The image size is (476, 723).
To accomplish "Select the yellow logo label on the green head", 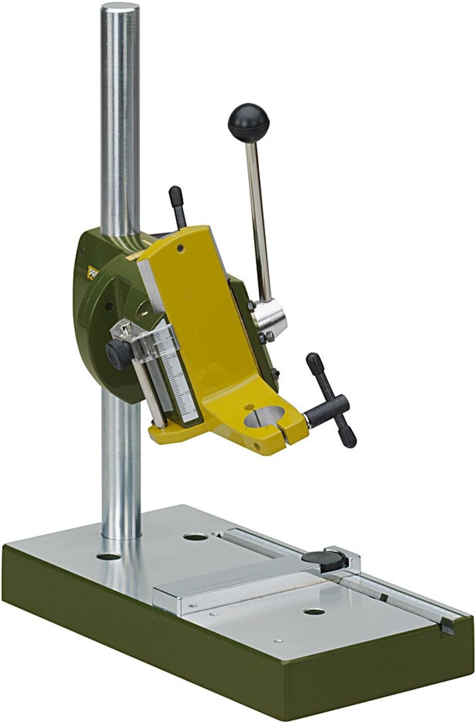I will [94, 273].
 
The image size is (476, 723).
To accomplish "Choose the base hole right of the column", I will [193, 537].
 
